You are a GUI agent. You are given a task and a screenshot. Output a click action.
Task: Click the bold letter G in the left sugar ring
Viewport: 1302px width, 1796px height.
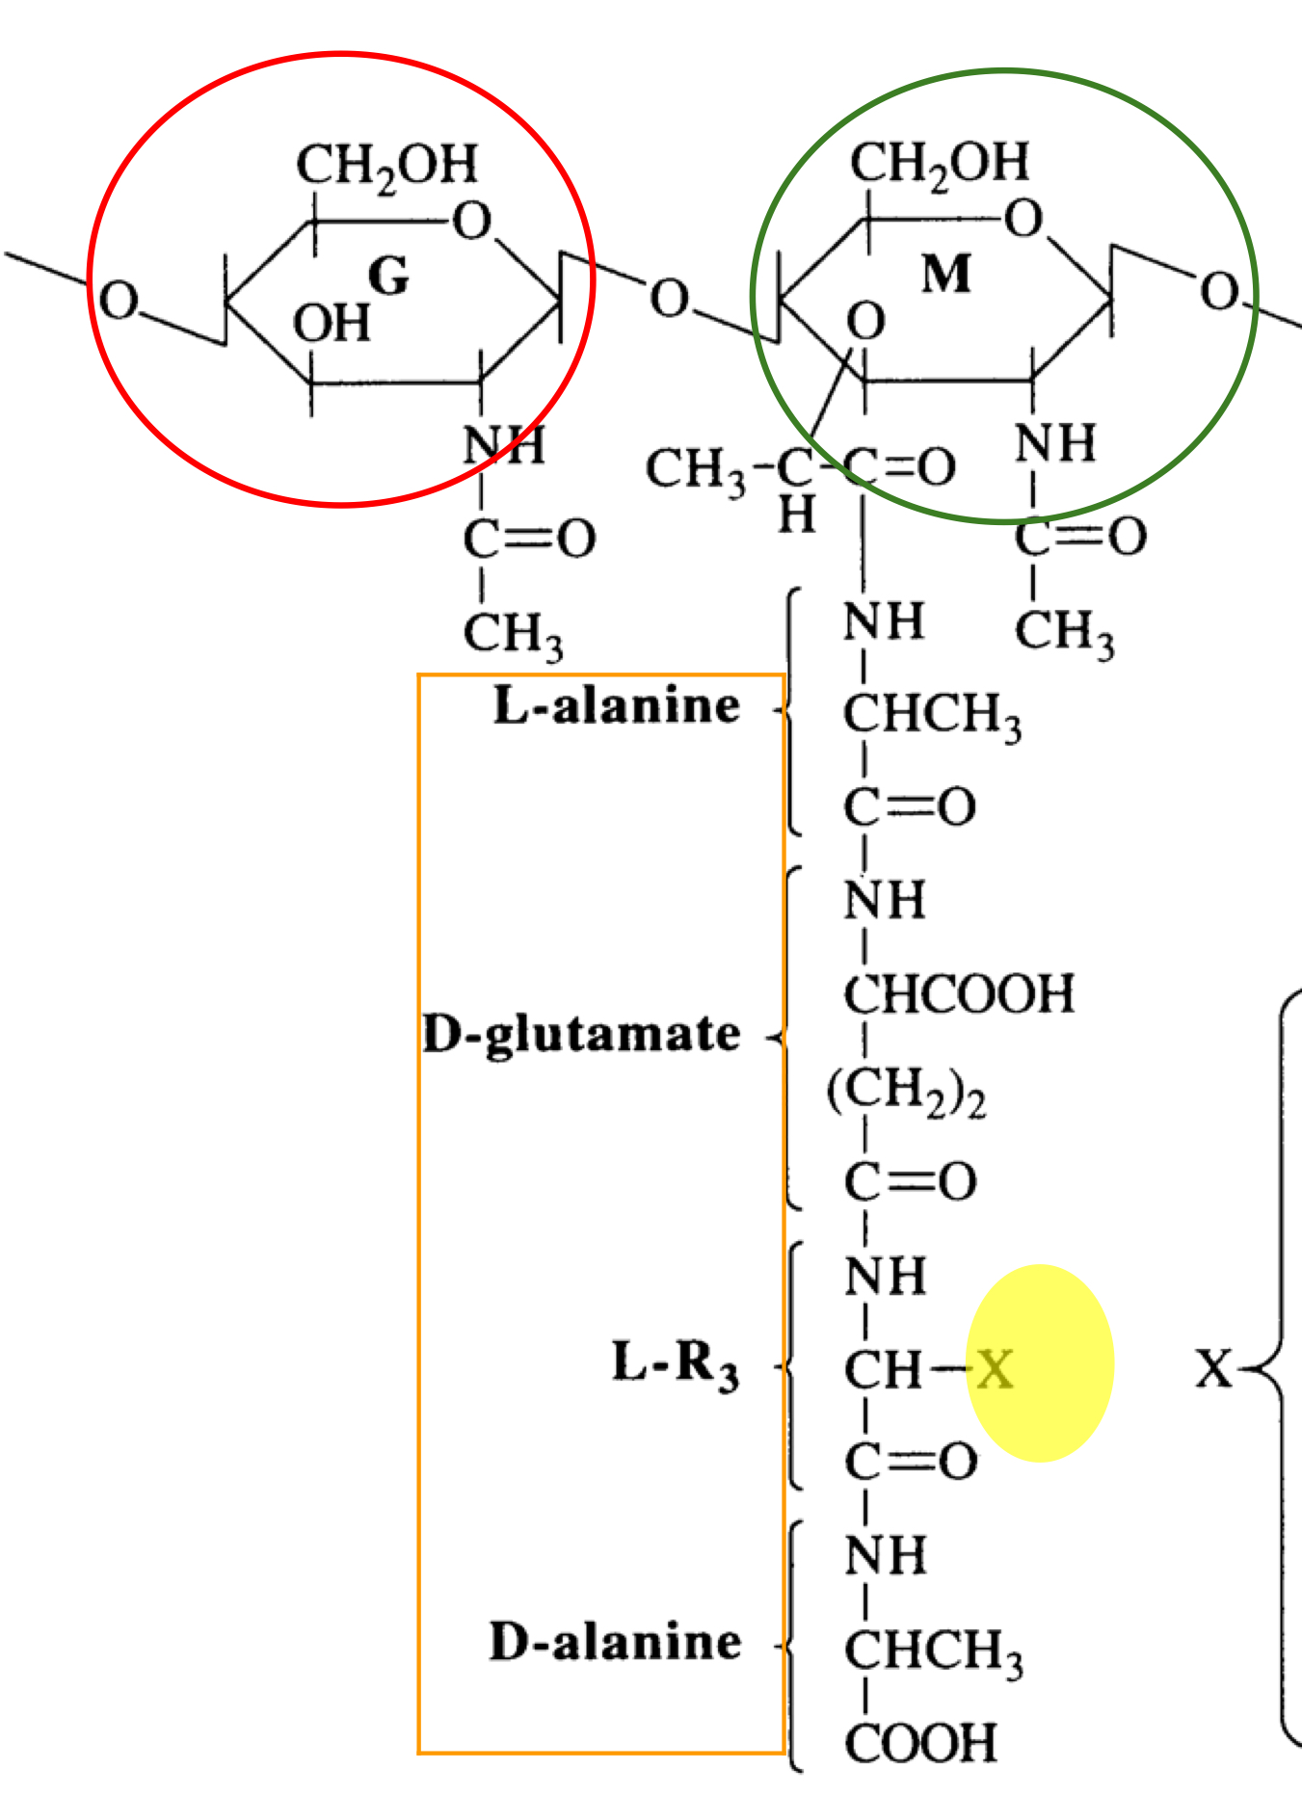coord(389,277)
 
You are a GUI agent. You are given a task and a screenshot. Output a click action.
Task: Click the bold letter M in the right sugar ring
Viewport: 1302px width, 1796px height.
coord(946,274)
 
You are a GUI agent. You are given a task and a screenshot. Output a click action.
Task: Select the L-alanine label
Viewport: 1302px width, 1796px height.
coord(617,706)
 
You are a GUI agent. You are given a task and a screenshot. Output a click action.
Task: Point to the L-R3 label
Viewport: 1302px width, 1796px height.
coord(676,1365)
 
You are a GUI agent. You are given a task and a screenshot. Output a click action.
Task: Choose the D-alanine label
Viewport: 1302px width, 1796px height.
coord(616,1642)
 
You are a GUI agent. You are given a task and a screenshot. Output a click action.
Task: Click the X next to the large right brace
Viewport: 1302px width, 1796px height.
coord(1214,1367)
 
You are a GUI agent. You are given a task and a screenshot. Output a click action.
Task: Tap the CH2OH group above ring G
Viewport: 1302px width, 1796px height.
coord(386,166)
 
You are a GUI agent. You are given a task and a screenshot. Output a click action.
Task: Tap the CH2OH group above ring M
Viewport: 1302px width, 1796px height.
coord(940,164)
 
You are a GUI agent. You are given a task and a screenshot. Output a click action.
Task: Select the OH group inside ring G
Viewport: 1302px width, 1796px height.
coord(332,324)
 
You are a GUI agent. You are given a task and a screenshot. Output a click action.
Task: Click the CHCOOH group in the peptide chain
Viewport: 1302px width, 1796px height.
coord(959,994)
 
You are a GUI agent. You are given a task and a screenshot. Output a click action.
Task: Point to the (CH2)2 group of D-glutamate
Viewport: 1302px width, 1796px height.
coord(906,1092)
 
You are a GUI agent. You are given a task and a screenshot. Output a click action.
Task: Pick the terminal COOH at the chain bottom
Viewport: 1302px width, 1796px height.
coord(920,1743)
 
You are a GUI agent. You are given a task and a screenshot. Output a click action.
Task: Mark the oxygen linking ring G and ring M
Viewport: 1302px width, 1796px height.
coord(670,299)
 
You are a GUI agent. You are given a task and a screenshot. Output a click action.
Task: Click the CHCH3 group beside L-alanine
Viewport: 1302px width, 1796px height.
coord(932,717)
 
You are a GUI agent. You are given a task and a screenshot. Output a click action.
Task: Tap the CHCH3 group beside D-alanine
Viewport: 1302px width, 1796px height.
coord(933,1651)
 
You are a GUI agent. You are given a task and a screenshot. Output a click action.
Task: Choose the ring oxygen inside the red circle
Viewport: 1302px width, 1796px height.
coord(472,222)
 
